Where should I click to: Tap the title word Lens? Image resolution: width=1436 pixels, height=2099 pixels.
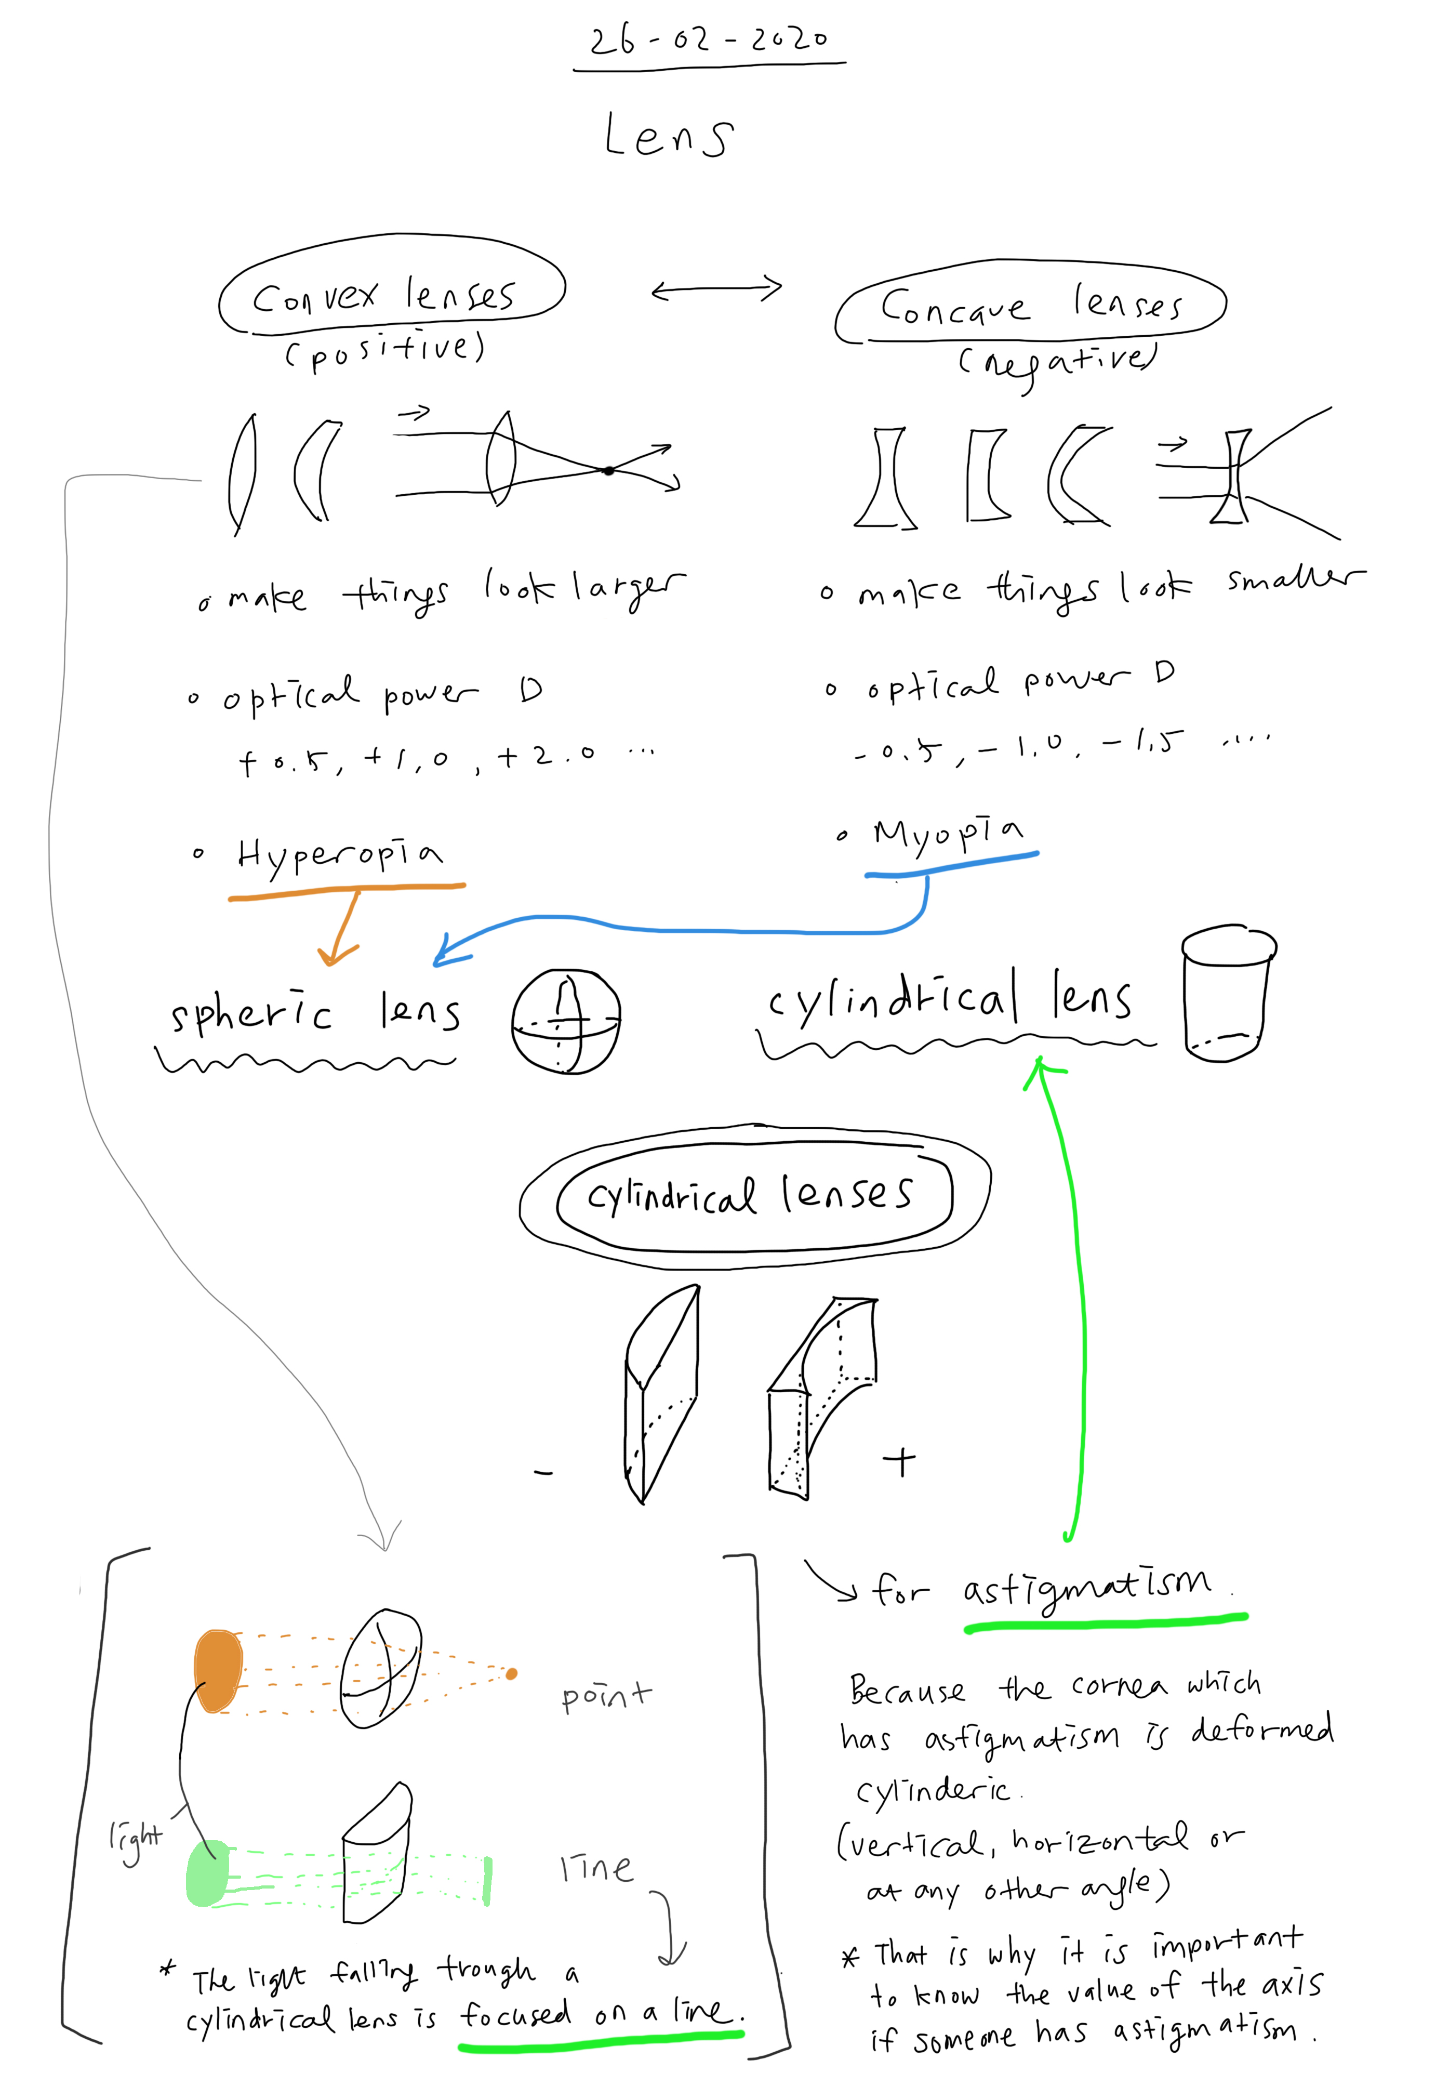coord(668,137)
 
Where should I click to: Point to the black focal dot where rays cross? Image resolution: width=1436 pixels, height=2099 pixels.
coord(609,470)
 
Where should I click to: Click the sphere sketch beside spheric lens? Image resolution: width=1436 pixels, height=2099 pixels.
coord(566,1022)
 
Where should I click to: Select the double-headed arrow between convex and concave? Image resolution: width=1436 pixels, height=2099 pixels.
coord(716,289)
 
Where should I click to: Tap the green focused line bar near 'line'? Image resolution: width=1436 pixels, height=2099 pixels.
coord(488,1880)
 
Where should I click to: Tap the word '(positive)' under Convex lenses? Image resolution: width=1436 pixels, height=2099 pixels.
coord(385,350)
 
